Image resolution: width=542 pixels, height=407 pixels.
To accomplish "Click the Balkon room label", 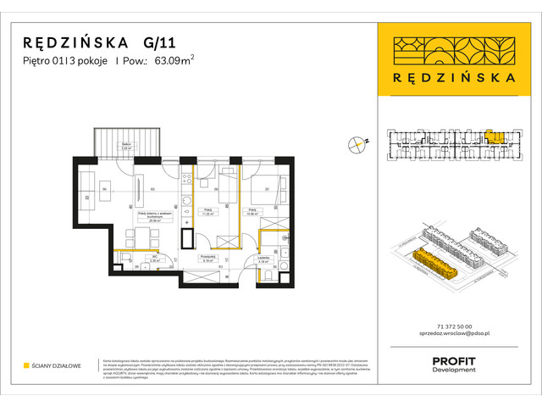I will click(124, 148).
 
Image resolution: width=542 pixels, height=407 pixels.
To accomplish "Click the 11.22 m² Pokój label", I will click(206, 213).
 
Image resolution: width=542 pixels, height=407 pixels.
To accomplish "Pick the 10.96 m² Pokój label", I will click(252, 213).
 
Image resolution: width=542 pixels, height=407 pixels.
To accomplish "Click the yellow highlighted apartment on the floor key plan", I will click(494, 136).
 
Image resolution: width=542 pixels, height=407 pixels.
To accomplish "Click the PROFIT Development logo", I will click(454, 364).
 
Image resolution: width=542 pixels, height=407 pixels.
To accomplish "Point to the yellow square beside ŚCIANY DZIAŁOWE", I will click(26, 366).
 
